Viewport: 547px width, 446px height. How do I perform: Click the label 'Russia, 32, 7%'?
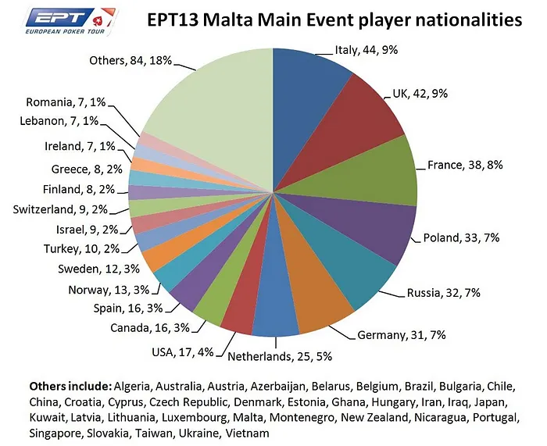tap(442, 293)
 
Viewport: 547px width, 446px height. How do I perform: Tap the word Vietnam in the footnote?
tap(248, 433)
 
